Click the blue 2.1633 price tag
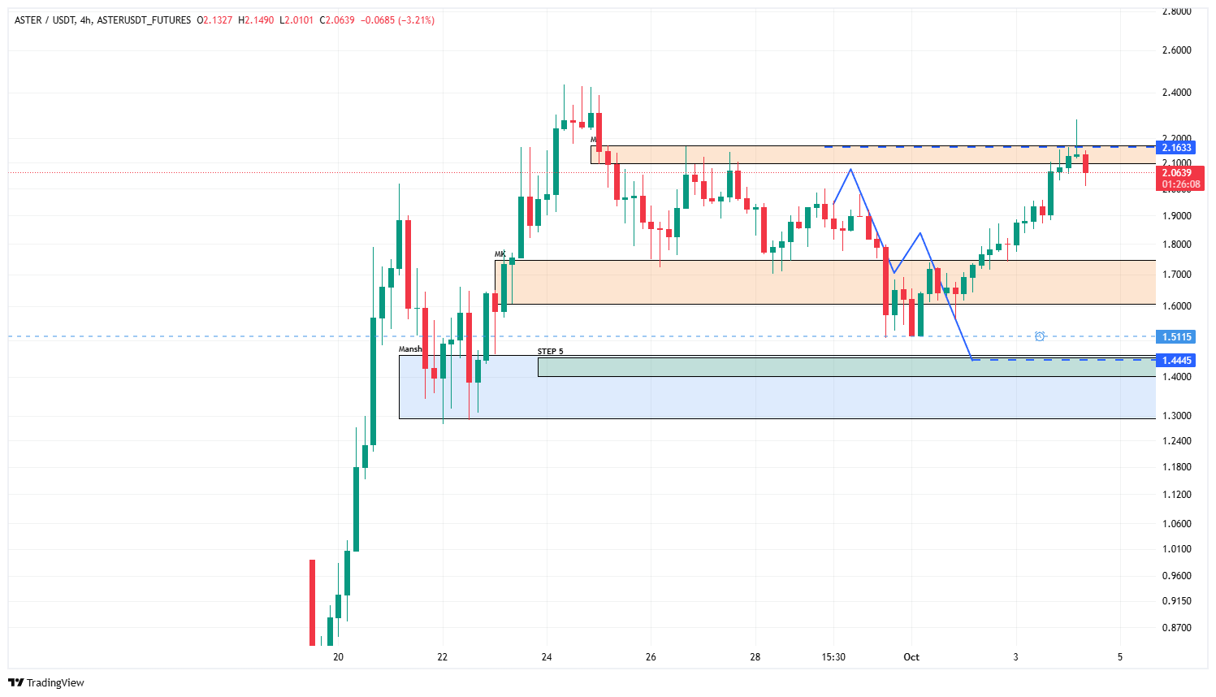[x=1176, y=147]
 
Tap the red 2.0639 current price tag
[x=1176, y=172]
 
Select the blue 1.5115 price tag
[x=1176, y=336]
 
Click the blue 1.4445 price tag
[x=1176, y=360]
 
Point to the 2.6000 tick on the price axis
[x=1176, y=50]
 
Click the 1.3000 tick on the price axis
[x=1176, y=416]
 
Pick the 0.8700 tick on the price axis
[x=1176, y=628]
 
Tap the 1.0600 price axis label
[x=1176, y=524]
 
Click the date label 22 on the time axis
[x=442, y=657]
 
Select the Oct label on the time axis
[x=911, y=657]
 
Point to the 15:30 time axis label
[x=833, y=657]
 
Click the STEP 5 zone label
[x=550, y=352]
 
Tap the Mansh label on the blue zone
[x=410, y=349]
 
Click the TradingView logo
[x=46, y=682]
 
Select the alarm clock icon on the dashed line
[x=1040, y=336]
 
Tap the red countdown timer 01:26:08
[x=1181, y=184]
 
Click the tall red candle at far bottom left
[x=312, y=601]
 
